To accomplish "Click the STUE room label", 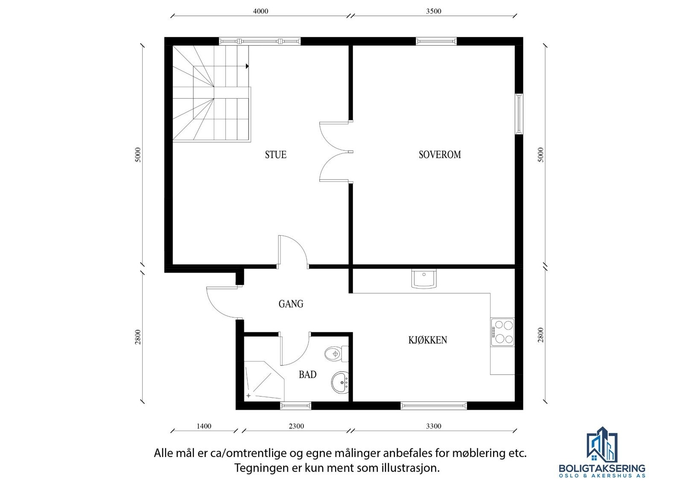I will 275,155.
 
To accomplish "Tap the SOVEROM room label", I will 440,155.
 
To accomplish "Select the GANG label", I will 291,304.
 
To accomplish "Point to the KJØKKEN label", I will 428,340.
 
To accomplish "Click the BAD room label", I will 307,375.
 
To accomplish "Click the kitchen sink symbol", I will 424,279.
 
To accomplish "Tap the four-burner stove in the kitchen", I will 502,332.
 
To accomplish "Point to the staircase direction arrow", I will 247,66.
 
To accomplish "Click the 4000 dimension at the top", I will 260,12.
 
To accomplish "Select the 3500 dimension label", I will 433,12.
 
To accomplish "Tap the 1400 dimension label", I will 204,426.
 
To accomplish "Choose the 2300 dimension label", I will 296,426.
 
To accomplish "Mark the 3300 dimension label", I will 433,426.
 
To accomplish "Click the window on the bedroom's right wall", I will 519,114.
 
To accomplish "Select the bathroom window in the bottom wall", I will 295,406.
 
